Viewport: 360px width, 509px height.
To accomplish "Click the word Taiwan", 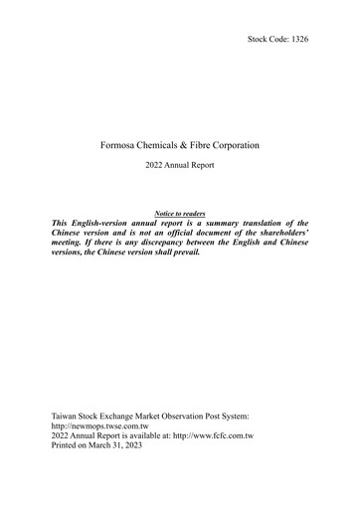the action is (x=64, y=412).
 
